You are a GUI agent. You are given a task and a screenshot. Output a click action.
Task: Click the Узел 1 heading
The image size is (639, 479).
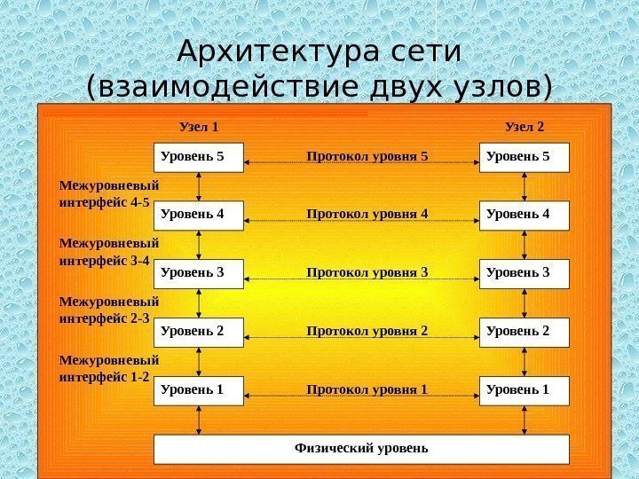pyautogui.click(x=199, y=127)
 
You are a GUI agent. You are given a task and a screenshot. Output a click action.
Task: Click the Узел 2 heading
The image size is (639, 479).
pyautogui.click(x=525, y=127)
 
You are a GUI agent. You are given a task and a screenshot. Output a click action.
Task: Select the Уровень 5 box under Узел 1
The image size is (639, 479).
pyautogui.click(x=199, y=157)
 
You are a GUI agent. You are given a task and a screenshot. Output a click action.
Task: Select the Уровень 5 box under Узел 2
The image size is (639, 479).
pyautogui.click(x=524, y=157)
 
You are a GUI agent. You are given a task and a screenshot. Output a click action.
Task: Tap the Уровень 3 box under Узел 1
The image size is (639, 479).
pyautogui.click(x=199, y=272)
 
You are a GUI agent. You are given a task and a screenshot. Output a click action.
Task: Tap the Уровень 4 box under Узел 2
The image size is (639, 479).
pyautogui.click(x=524, y=215)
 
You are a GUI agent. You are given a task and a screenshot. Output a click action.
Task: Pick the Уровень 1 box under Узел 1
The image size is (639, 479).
pyautogui.click(x=199, y=389)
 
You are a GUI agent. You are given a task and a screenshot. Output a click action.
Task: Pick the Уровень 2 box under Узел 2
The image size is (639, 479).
pyautogui.click(x=524, y=332)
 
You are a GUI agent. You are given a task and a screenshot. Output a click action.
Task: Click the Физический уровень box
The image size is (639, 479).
pyautogui.click(x=361, y=449)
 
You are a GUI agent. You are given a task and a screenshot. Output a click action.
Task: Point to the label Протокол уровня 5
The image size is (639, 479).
pyautogui.click(x=367, y=157)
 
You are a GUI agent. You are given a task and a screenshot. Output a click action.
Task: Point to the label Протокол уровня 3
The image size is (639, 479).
pyautogui.click(x=367, y=272)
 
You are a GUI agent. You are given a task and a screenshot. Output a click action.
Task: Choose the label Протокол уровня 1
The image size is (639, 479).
pyautogui.click(x=367, y=389)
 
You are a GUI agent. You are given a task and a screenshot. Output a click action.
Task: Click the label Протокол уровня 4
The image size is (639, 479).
pyautogui.click(x=367, y=215)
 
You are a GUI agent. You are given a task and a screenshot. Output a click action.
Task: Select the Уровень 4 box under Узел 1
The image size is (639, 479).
pyautogui.click(x=199, y=215)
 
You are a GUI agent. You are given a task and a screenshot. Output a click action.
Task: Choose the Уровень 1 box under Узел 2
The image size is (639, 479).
pyautogui.click(x=524, y=389)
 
